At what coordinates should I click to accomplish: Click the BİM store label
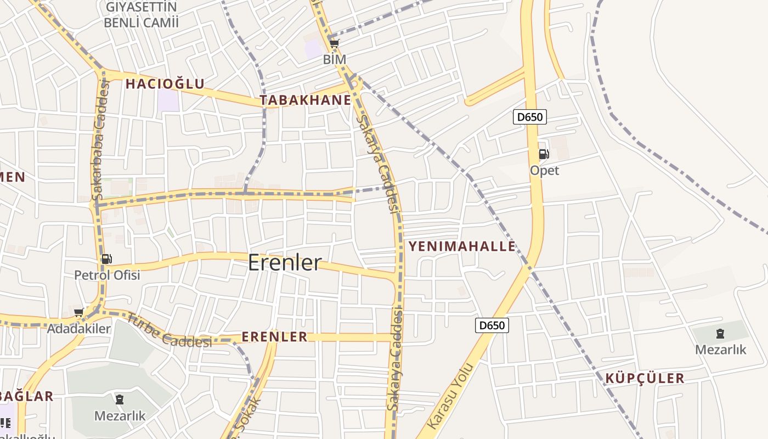point(335,59)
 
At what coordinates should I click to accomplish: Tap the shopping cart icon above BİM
point(334,43)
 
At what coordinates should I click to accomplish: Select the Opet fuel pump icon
point(544,154)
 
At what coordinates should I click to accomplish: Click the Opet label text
point(544,170)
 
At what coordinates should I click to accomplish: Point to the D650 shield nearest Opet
point(530,116)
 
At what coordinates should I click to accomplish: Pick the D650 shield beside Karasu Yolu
point(492,325)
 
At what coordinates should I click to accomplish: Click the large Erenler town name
point(285,262)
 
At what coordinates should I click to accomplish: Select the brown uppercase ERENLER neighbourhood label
point(275,337)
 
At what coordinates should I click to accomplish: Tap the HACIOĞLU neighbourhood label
point(165,84)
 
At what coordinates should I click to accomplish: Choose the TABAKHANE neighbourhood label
point(305,100)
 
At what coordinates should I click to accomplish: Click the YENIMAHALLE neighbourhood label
point(462,246)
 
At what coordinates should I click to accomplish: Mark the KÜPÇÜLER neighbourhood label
point(645,378)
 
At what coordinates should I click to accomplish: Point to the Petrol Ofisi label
point(107,275)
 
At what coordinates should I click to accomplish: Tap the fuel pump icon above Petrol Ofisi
point(107,259)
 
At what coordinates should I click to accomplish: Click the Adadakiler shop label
point(79,329)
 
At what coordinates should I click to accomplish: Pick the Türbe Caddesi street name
point(168,330)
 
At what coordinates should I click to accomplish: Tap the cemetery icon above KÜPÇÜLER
point(720,333)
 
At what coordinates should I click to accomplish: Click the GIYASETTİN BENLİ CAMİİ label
point(141,15)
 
